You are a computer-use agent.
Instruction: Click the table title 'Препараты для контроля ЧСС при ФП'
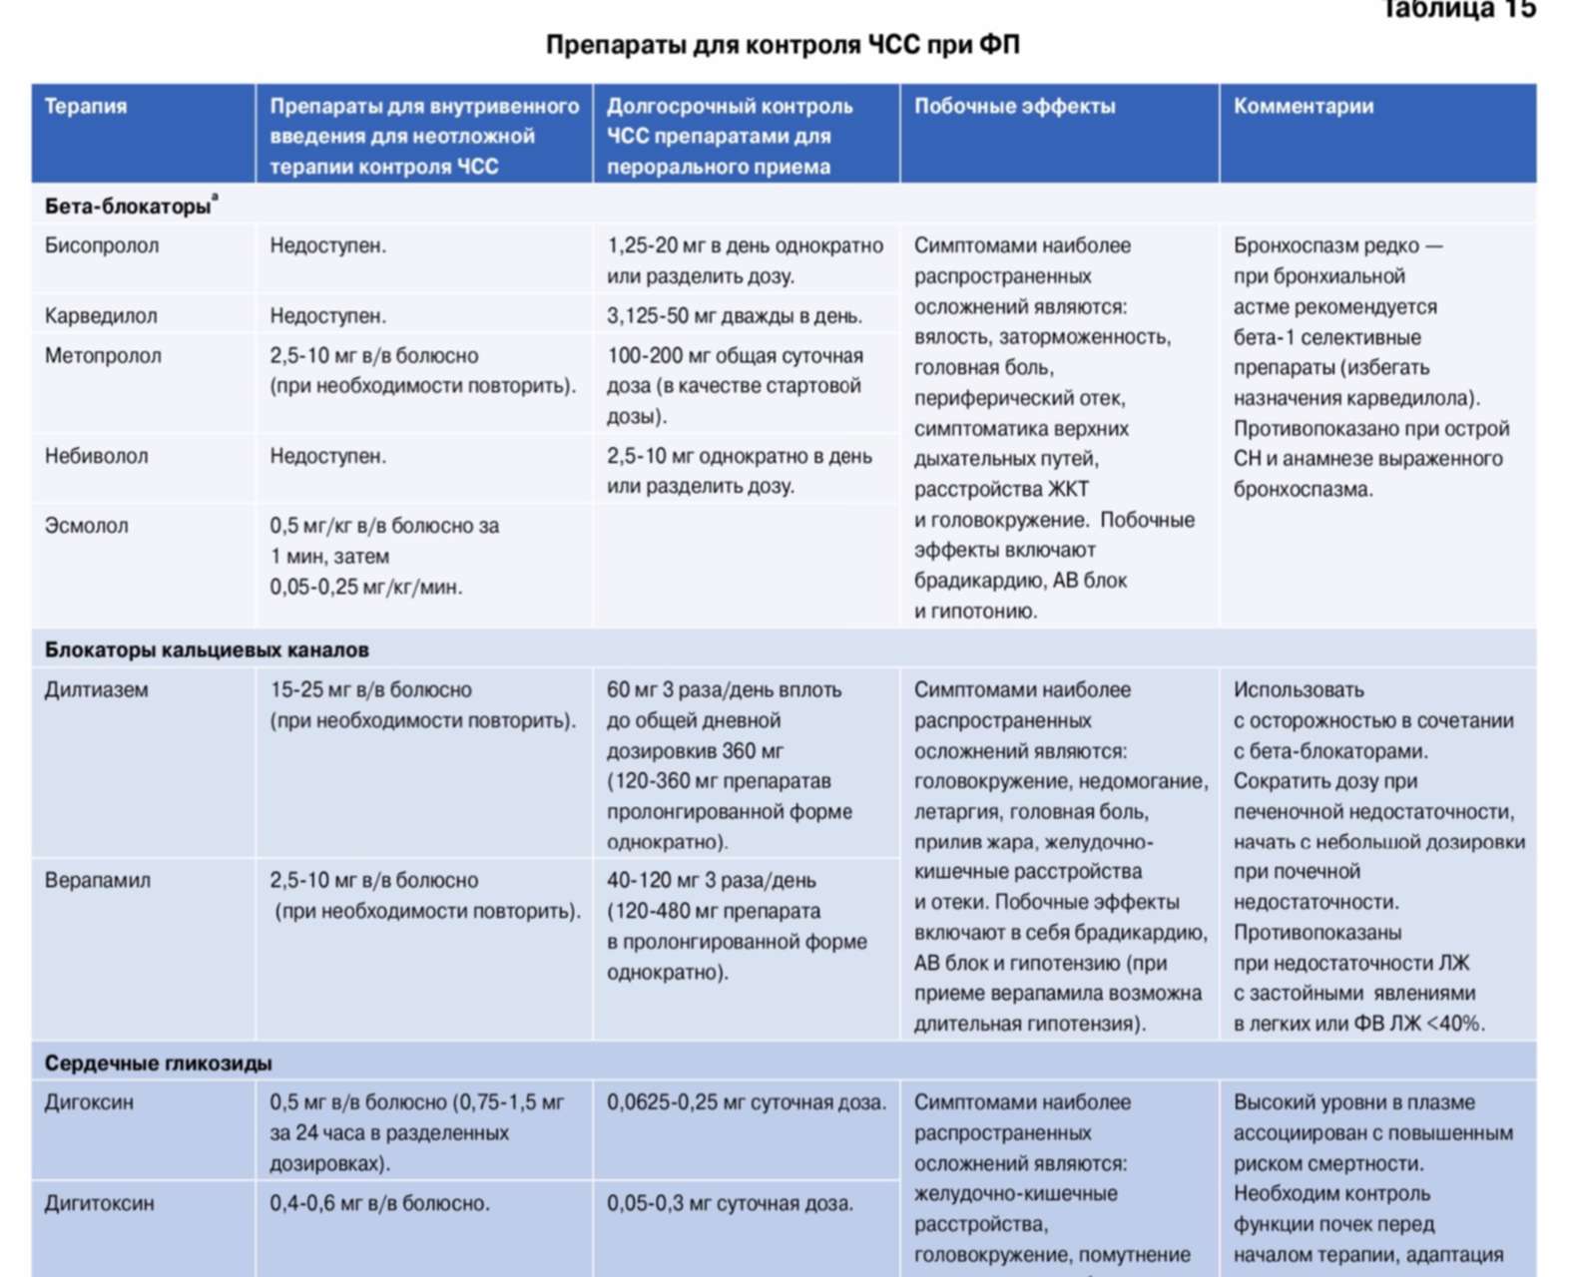pos(783,45)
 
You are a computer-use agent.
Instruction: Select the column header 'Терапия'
pos(86,107)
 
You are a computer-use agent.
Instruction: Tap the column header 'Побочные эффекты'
pos(1014,107)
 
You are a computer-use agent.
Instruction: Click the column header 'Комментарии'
pos(1303,107)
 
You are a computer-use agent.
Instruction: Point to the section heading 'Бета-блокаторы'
pos(128,207)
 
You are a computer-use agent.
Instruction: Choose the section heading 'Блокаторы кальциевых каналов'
pos(207,650)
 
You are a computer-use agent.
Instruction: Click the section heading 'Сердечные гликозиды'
pos(158,1064)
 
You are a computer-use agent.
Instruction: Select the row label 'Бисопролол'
pos(102,245)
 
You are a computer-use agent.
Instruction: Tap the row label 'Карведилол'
pos(101,316)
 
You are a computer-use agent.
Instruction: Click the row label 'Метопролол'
pos(103,356)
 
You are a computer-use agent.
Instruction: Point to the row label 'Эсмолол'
pos(86,526)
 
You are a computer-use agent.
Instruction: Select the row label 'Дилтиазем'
pos(96,690)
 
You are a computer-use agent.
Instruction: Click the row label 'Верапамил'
pos(98,881)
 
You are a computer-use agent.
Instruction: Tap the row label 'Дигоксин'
pos(89,1103)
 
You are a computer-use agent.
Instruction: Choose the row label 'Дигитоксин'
pos(99,1204)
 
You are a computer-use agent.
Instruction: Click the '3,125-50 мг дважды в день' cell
pos(734,316)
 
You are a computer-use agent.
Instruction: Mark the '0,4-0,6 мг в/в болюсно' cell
pos(379,1204)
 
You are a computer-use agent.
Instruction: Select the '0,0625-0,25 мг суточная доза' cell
pos(746,1103)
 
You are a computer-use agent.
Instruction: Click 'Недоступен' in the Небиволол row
pos(327,457)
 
